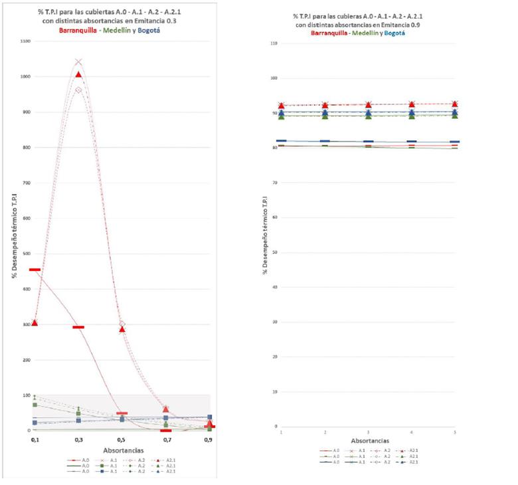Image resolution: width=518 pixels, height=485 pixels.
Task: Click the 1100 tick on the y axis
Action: click(x=25, y=41)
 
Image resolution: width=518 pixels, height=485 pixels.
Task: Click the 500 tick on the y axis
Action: click(x=25, y=254)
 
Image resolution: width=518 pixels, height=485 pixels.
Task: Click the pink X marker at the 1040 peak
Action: click(x=78, y=62)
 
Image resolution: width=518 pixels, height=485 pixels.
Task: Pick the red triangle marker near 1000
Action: click(x=78, y=74)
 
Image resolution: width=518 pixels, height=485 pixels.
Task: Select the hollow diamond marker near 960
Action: click(x=78, y=90)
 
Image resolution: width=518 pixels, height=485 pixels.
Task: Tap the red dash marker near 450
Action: click(x=35, y=270)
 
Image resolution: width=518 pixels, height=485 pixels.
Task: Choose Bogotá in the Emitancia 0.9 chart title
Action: click(x=394, y=33)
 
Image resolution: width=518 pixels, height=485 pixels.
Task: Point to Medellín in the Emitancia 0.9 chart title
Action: click(x=365, y=33)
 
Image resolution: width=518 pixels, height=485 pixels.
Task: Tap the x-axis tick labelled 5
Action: click(x=455, y=433)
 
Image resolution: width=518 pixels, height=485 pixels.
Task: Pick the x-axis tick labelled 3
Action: click(x=368, y=433)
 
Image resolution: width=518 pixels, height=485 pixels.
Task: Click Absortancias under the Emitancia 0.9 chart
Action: click(x=369, y=440)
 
